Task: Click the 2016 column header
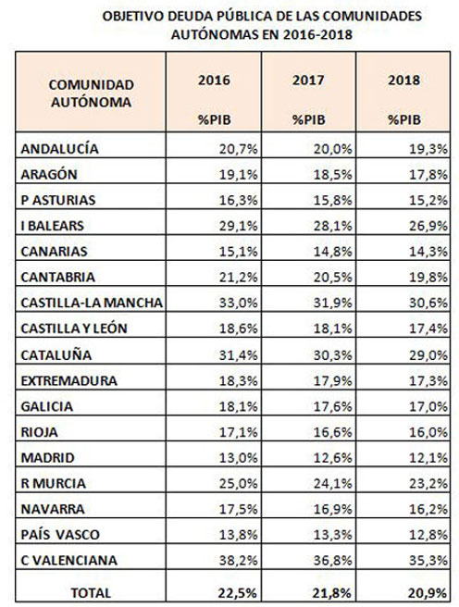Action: coord(214,81)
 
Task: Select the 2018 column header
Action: coord(404,81)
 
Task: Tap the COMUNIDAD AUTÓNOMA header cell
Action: coord(91,93)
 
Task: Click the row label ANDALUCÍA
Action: coord(59,149)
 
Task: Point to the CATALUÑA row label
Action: coord(56,355)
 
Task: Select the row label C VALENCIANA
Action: coord(68,560)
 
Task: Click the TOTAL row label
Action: coord(91,593)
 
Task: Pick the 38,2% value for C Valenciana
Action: coord(238,560)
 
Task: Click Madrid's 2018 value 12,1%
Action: coord(428,458)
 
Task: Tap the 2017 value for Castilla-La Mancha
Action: coord(333,303)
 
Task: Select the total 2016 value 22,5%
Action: coord(237,593)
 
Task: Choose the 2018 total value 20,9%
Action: coord(428,593)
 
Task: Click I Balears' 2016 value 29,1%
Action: coord(238,226)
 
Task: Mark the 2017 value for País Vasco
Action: coord(333,535)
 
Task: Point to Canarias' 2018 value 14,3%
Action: coord(428,252)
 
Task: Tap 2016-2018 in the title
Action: coord(317,34)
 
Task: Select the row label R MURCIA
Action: coord(54,483)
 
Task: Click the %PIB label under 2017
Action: coord(308,119)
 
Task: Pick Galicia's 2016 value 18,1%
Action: coord(238,406)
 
